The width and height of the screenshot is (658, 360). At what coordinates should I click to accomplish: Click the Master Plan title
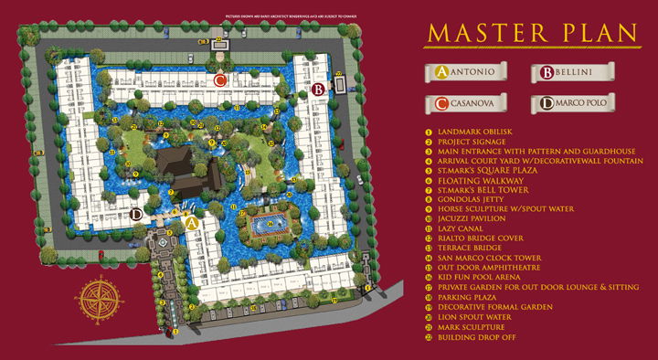pos(531,32)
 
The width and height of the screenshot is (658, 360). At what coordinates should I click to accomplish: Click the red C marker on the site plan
pos(220,80)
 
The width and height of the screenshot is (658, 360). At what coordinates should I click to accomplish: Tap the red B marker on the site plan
pos(317,90)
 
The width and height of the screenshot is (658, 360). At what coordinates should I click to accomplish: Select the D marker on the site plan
pos(136,215)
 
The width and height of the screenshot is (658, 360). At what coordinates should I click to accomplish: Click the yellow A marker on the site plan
pos(192,221)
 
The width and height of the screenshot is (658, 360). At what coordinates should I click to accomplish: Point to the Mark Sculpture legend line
pos(472,326)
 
